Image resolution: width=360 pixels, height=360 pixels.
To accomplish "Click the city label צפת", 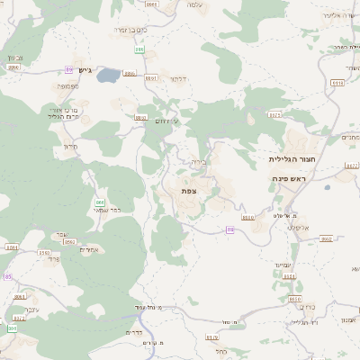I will tap(188, 191).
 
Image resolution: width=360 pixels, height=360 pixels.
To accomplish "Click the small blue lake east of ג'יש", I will tap(108, 76).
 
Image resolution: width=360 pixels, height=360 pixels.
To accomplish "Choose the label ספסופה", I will tap(67, 86).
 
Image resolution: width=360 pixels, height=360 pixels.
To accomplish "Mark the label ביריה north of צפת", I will tap(198, 163).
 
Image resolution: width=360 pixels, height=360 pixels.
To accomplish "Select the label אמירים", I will tap(89, 249).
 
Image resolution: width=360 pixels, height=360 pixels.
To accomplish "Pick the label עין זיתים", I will tap(167, 121).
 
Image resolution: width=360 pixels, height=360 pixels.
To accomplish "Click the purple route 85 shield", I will tap(7, 276).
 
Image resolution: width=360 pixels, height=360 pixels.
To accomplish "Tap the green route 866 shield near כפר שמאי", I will tap(100, 202).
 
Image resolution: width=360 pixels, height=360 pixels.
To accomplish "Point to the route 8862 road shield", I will tap(325, 239).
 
